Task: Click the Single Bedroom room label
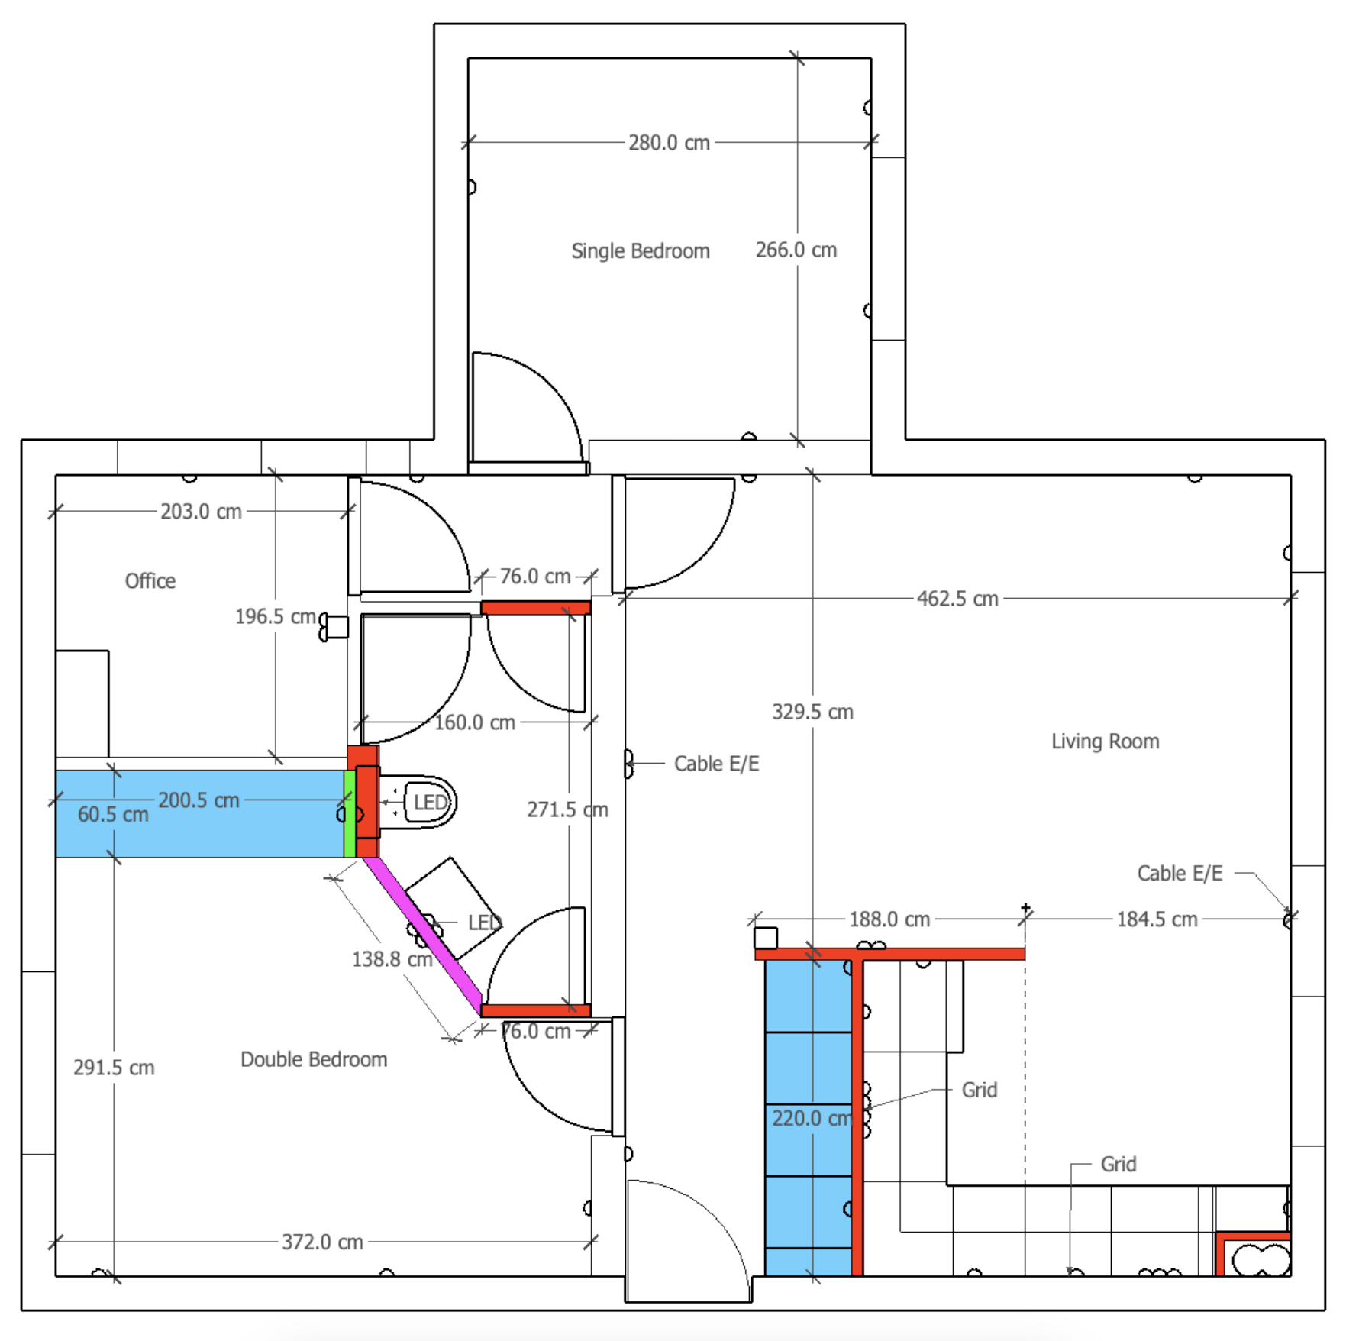tap(640, 251)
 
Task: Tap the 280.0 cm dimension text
tap(669, 143)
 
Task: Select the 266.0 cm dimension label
tap(796, 250)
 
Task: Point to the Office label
tap(150, 581)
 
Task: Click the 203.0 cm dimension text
tap(201, 512)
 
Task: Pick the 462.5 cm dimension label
tap(957, 599)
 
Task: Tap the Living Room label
tap(1105, 742)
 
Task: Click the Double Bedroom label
tap(314, 1059)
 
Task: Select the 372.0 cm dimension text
tap(322, 1242)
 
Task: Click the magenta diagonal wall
tap(424, 936)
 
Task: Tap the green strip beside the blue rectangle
tap(350, 814)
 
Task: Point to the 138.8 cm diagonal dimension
tap(391, 959)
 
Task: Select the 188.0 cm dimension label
tap(889, 919)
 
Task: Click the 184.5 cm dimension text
tap(1157, 919)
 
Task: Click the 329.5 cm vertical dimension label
tap(812, 712)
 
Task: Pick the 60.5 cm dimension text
tap(113, 815)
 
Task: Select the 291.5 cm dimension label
tap(114, 1068)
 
